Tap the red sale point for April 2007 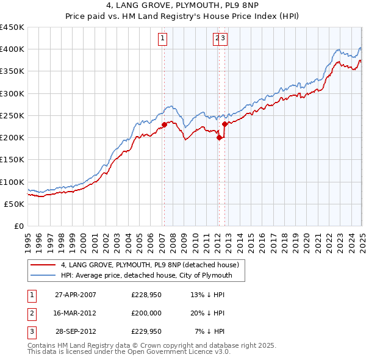[x=164, y=125]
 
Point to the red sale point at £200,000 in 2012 [x=219, y=138]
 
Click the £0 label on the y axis [x=19, y=226]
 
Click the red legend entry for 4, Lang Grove [x=152, y=265]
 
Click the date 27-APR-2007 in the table [x=76, y=294]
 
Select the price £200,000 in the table [x=146, y=313]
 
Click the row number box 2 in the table [x=31, y=313]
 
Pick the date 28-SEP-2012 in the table [x=76, y=332]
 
